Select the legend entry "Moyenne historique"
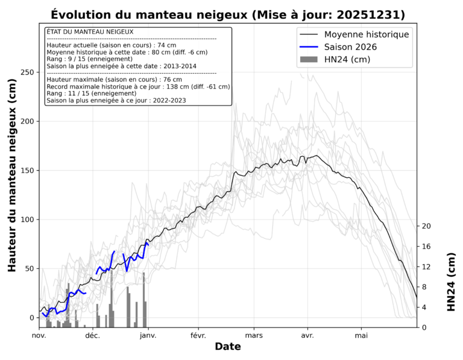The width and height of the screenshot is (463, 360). [367, 34]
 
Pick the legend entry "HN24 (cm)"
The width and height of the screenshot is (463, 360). [347, 59]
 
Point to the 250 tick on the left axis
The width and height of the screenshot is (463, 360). [26, 72]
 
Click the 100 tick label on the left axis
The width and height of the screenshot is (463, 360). [26, 219]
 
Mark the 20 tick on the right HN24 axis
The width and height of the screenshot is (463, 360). [426, 226]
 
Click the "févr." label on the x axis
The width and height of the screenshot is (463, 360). [198, 335]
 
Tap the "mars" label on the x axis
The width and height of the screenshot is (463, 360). [254, 335]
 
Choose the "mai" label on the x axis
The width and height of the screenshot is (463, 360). [361, 335]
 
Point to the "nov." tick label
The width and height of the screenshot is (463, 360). [39, 335]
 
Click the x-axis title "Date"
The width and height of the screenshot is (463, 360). [228, 347]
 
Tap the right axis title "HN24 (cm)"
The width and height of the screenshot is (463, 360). [451, 282]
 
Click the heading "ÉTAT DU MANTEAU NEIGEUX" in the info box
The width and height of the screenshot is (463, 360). [90, 31]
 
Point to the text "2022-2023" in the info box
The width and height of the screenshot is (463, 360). [168, 101]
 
